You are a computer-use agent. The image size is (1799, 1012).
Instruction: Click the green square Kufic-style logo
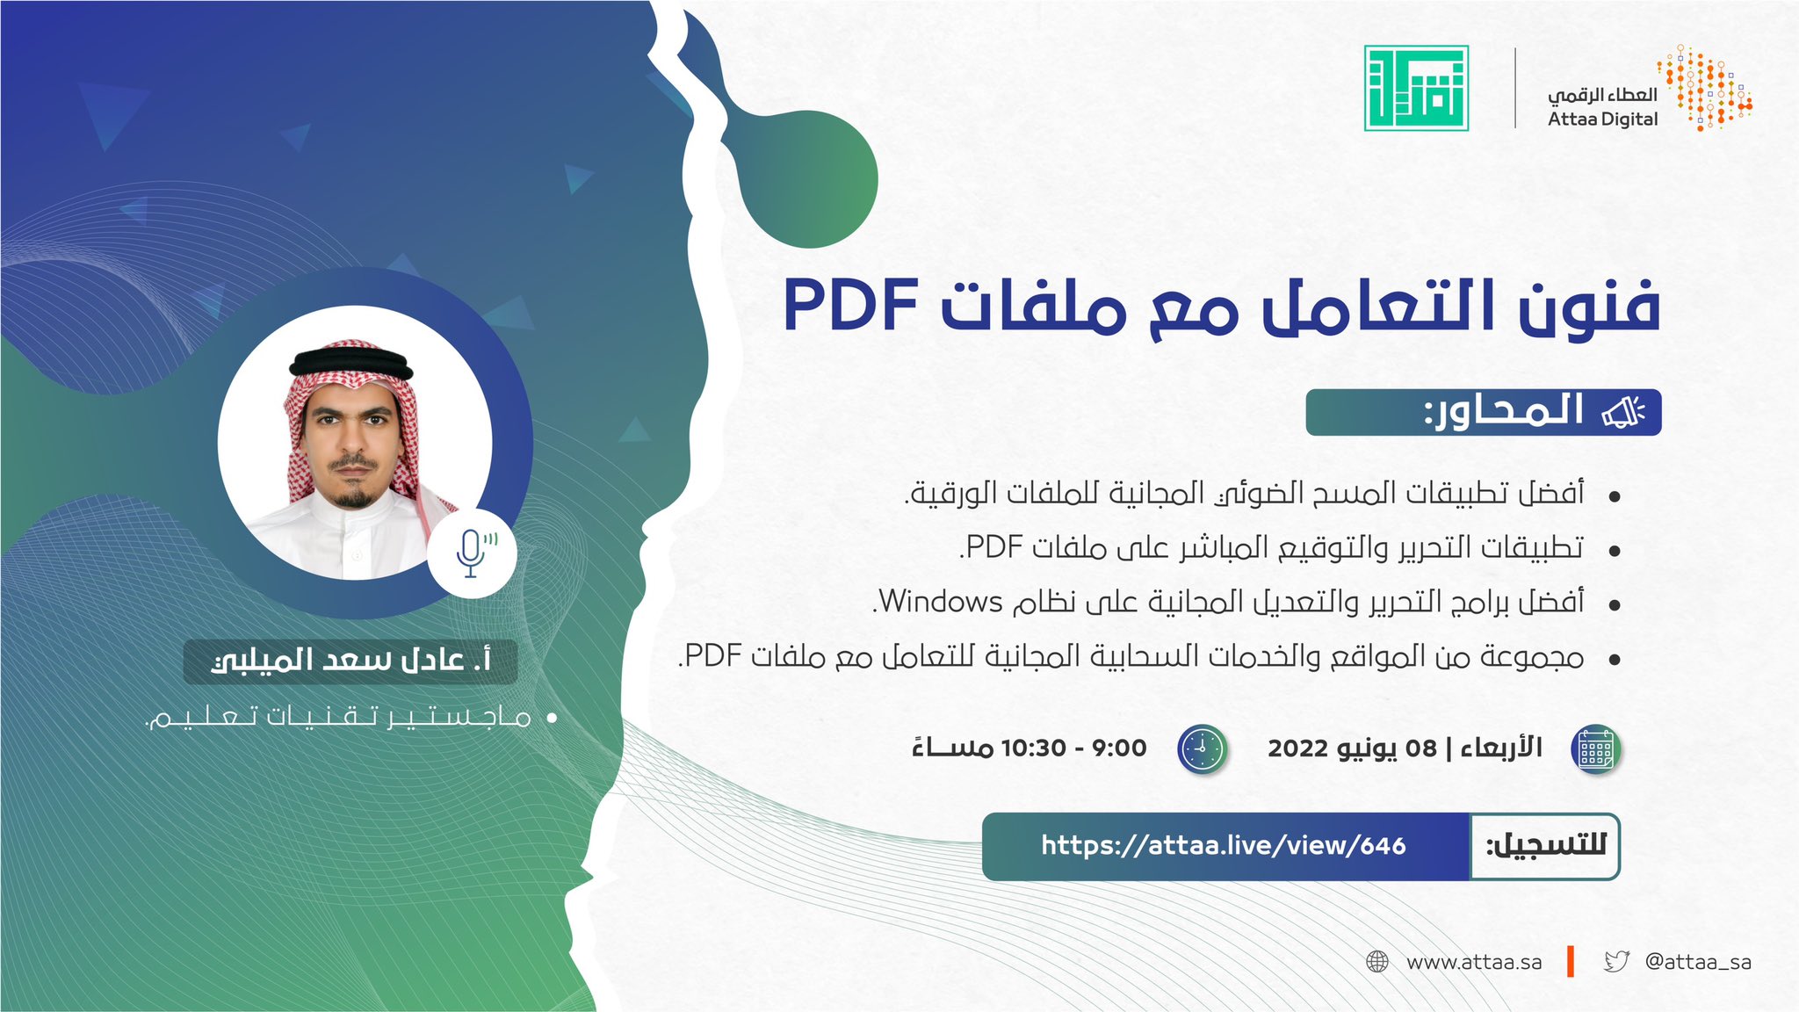[x=1416, y=88]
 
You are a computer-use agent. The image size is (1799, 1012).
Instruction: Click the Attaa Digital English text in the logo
[x=1602, y=119]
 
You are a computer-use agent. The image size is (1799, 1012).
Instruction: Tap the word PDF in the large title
[x=850, y=306]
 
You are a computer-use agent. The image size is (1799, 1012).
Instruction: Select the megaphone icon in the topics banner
[x=1622, y=412]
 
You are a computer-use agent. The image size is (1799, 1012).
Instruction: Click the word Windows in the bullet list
[x=941, y=602]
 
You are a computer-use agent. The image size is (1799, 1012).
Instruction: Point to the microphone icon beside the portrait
[x=472, y=553]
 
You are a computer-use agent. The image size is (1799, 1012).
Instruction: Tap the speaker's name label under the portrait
[x=350, y=661]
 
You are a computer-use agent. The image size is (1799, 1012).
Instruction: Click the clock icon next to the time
[x=1202, y=749]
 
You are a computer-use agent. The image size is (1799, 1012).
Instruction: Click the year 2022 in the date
[x=1297, y=748]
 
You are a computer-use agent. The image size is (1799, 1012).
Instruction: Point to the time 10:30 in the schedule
[x=1033, y=748]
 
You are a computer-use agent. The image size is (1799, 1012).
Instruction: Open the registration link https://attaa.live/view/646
[x=1224, y=846]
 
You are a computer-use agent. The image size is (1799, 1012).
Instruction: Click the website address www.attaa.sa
[x=1474, y=962]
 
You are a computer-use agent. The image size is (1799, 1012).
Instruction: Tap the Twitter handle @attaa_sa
[x=1698, y=962]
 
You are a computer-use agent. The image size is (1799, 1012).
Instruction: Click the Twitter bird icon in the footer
[x=1616, y=961]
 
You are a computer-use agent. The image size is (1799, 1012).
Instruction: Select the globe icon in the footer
[x=1377, y=962]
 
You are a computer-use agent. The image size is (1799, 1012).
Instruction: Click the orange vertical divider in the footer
[x=1571, y=961]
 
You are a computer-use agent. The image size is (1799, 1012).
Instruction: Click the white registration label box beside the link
[x=1544, y=846]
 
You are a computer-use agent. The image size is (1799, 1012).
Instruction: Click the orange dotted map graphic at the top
[x=1704, y=88]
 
